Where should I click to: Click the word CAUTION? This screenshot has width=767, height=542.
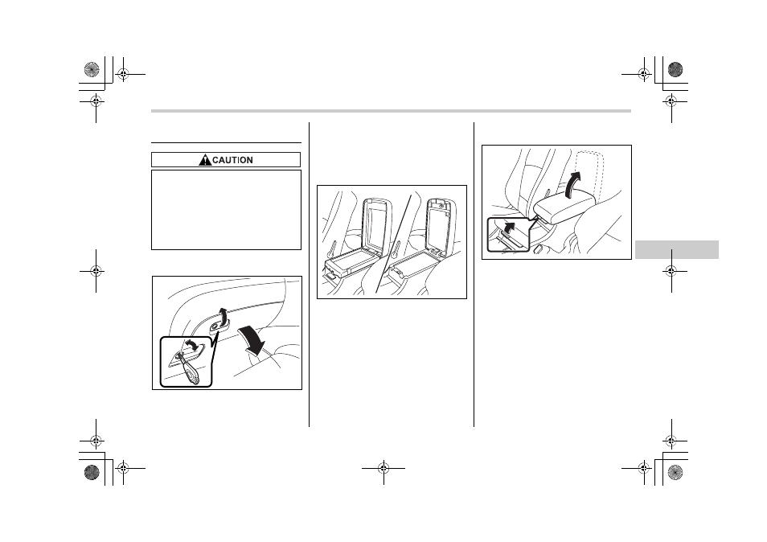point(233,160)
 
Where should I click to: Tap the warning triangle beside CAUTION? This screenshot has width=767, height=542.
point(205,159)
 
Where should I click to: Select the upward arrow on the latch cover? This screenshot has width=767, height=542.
point(223,316)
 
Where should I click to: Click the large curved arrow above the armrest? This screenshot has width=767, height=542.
point(573,184)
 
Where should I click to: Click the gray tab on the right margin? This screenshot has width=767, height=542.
point(676,249)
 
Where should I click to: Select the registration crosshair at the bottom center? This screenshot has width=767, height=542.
point(383,468)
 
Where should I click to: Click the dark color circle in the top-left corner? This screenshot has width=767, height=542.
point(92,69)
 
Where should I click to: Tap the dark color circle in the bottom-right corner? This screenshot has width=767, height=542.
point(675,472)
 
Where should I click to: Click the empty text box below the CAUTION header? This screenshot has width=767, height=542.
point(226,210)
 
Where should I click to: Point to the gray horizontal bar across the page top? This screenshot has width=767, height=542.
point(391,111)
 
